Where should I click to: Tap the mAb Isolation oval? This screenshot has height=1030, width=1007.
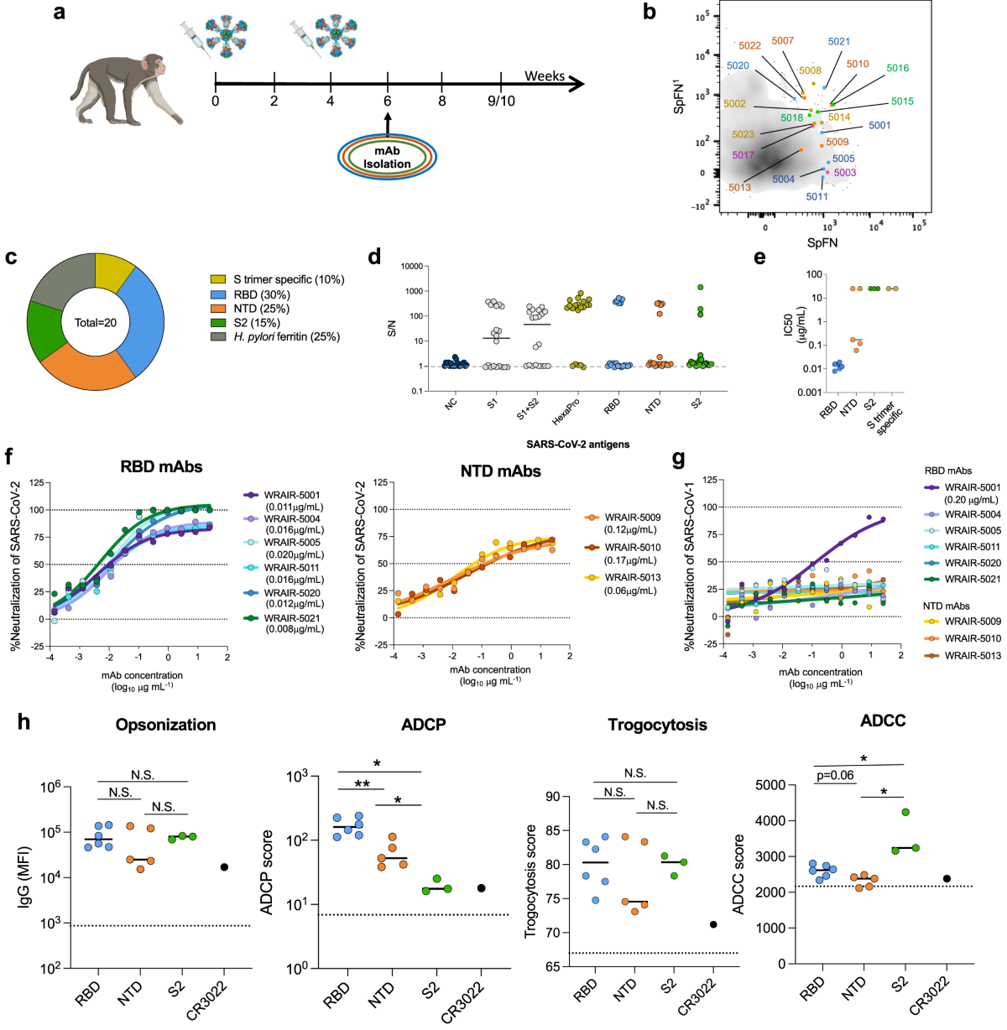387,157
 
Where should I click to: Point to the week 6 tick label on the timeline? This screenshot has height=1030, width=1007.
388,101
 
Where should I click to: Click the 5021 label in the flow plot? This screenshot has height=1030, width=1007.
838,41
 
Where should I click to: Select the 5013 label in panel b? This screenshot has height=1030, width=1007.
739,187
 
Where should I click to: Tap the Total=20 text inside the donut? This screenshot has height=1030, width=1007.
96,323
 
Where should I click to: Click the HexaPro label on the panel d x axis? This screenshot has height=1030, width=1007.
566,411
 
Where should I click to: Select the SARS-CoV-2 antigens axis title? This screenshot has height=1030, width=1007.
577,444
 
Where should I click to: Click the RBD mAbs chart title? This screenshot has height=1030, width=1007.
161,466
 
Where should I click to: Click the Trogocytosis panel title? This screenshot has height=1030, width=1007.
657,725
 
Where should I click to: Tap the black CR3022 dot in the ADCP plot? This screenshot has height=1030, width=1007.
482,888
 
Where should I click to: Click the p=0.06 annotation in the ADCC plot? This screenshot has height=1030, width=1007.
834,775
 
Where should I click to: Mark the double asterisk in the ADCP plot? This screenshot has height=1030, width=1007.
363,784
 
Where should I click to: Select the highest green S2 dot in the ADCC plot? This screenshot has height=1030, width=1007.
905,813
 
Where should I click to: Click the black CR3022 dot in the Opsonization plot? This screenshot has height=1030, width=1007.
225,867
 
